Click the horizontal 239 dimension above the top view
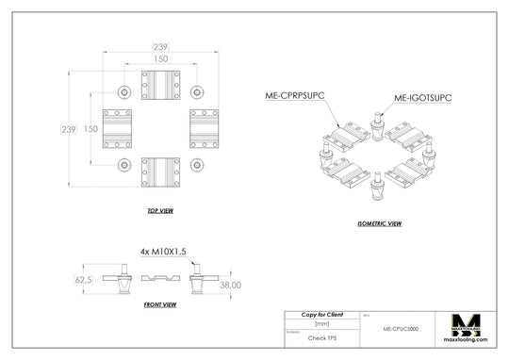[160, 45]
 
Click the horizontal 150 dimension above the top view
[160, 58]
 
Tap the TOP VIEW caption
[160, 210]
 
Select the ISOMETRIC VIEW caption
[380, 223]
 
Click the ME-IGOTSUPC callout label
[422, 96]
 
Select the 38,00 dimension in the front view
[231, 284]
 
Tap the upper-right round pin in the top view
[196, 92]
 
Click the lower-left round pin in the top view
[124, 165]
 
